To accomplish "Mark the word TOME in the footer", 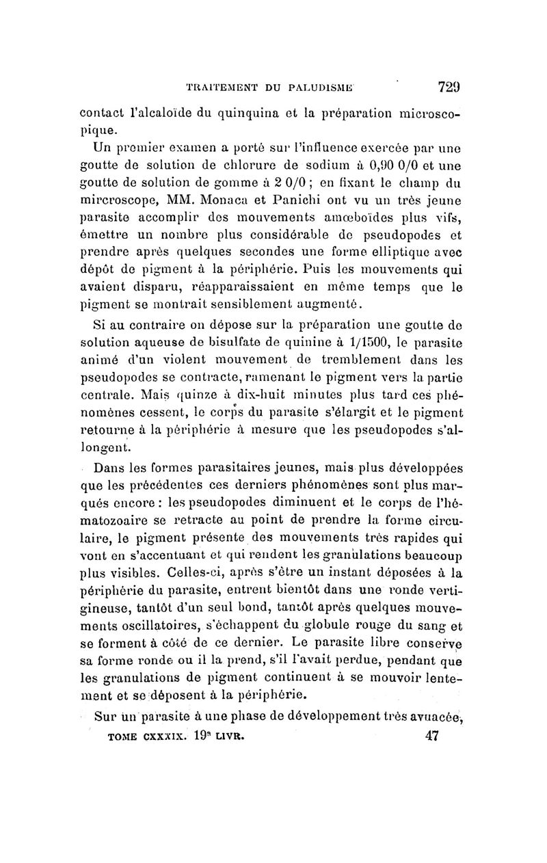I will tap(119, 737).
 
